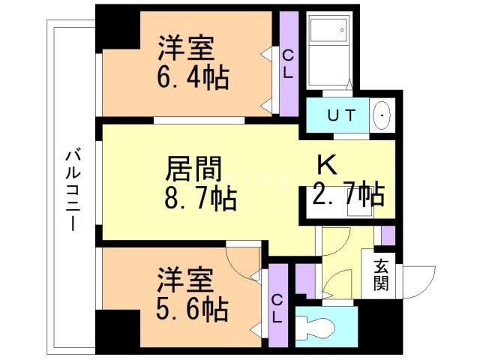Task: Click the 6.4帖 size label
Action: pos(193,76)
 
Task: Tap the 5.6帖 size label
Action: pos(193,307)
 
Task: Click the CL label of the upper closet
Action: pos(288,63)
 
